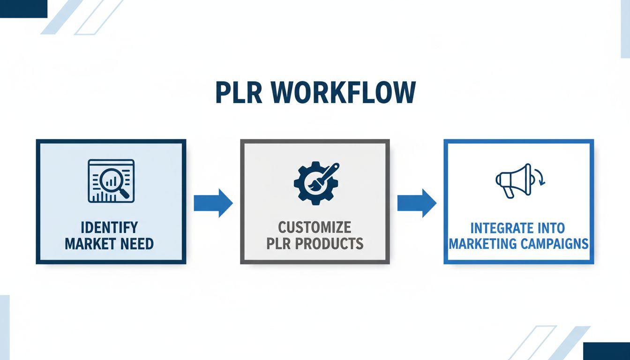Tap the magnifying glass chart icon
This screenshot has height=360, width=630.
pos(111,181)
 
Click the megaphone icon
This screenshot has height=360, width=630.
pos(514,180)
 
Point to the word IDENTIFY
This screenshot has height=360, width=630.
pos(109,228)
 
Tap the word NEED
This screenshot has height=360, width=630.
pos(136,244)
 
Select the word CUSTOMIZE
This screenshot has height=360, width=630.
pos(315,228)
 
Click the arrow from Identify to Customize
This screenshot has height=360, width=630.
pos(213,203)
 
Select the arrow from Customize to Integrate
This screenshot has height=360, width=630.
pos(417,203)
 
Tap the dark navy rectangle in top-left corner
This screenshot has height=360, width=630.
pos(23,8)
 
